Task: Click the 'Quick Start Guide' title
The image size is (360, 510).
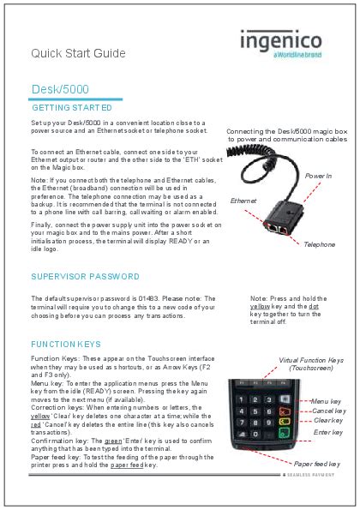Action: click(x=78, y=53)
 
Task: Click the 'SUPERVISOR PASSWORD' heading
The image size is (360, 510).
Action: click(x=85, y=277)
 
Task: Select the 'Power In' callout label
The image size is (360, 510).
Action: click(x=317, y=175)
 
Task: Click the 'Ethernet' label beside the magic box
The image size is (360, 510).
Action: click(x=243, y=200)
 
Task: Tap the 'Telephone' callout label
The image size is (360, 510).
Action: click(x=319, y=244)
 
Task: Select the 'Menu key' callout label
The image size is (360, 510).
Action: click(x=326, y=401)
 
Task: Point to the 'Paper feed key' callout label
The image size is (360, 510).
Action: click(x=322, y=464)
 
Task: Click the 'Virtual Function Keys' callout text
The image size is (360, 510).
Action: click(x=311, y=361)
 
